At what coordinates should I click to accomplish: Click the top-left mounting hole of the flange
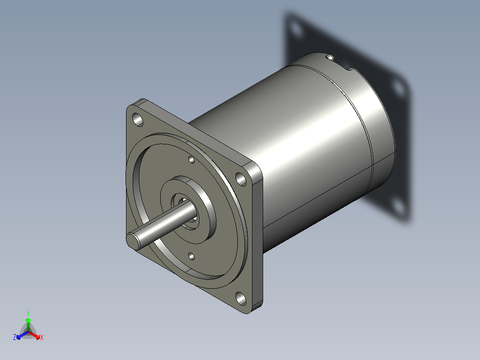(x=138, y=119)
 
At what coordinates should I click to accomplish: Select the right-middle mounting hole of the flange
(x=241, y=179)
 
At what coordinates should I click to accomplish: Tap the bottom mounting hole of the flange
(x=241, y=299)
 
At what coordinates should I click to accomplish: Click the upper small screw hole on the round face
(x=191, y=160)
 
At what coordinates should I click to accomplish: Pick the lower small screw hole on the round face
(x=191, y=256)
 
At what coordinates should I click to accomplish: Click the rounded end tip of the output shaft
(x=133, y=242)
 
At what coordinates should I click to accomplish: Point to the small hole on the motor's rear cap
(x=329, y=57)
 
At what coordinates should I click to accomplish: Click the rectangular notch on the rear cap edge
(x=348, y=68)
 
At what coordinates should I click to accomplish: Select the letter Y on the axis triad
(x=28, y=314)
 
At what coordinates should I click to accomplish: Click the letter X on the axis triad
(x=42, y=338)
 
